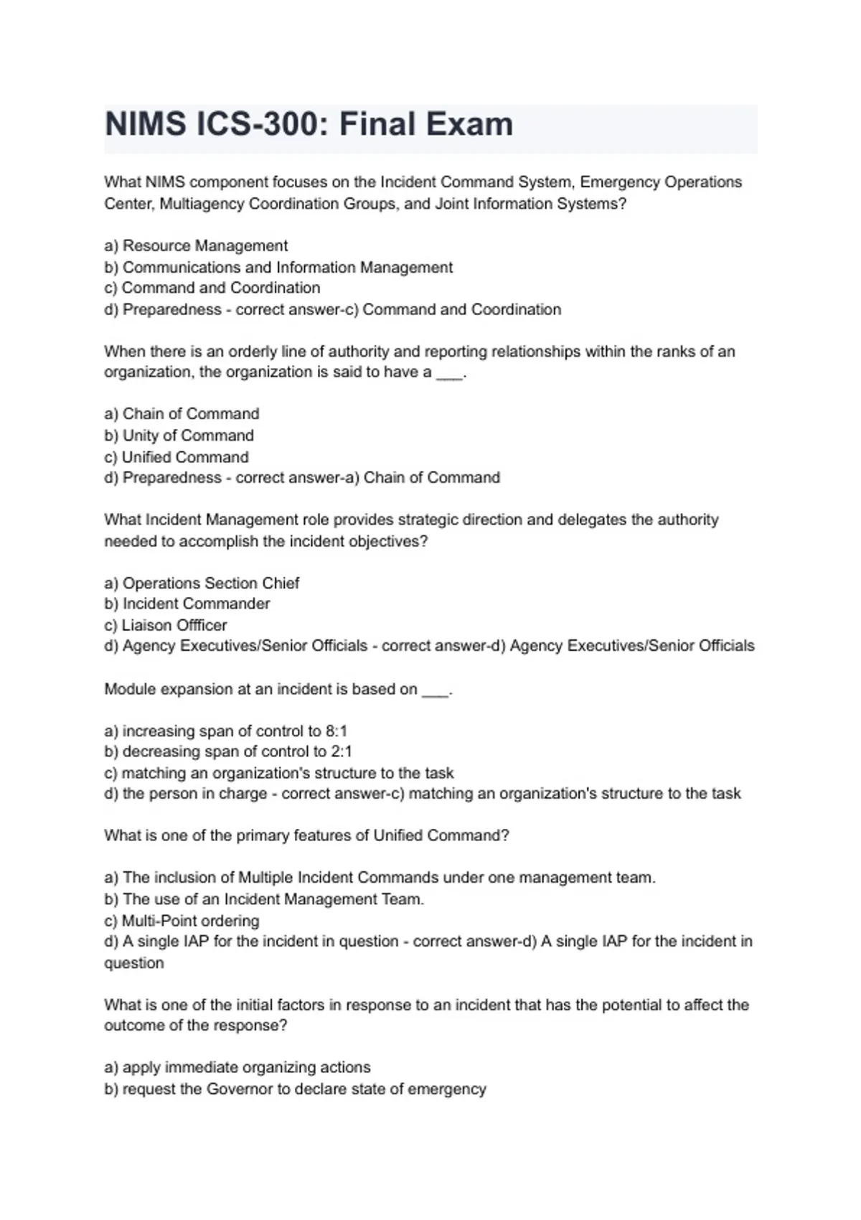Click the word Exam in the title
tap(471, 124)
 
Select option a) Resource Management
tap(196, 245)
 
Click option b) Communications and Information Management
tap(278, 267)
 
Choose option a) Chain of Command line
tap(182, 414)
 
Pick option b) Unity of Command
tap(179, 436)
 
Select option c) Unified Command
tap(177, 457)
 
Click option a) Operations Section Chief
tap(202, 583)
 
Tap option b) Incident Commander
tap(187, 604)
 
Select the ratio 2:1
tap(341, 751)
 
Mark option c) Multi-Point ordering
tap(182, 921)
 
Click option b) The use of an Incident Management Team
tap(264, 899)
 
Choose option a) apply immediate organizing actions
tap(237, 1067)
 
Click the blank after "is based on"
tap(436, 691)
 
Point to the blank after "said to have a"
tap(450, 374)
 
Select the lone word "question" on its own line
tap(134, 963)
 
